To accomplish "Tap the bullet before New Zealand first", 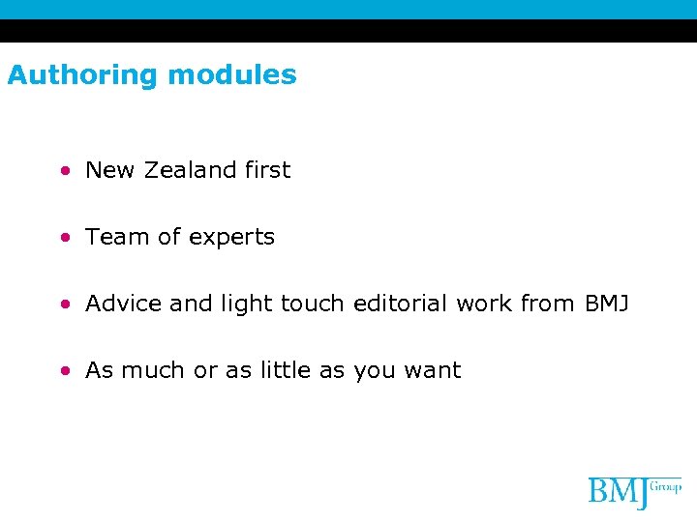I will point(64,171).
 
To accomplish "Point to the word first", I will point(267,170).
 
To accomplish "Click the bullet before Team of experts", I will point(64,238).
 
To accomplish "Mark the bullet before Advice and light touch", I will point(64,304).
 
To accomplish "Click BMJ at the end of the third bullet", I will point(606,304).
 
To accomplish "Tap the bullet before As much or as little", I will point(64,371).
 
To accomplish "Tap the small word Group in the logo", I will point(666,485).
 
